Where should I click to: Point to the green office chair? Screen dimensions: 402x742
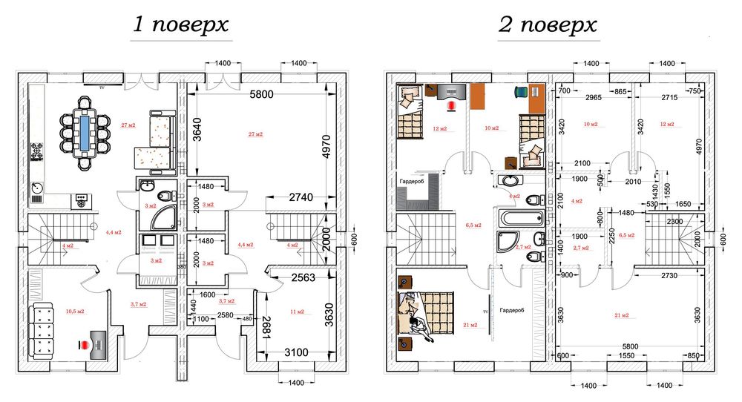tap(521, 92)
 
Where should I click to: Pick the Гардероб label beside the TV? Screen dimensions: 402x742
tap(512, 311)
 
